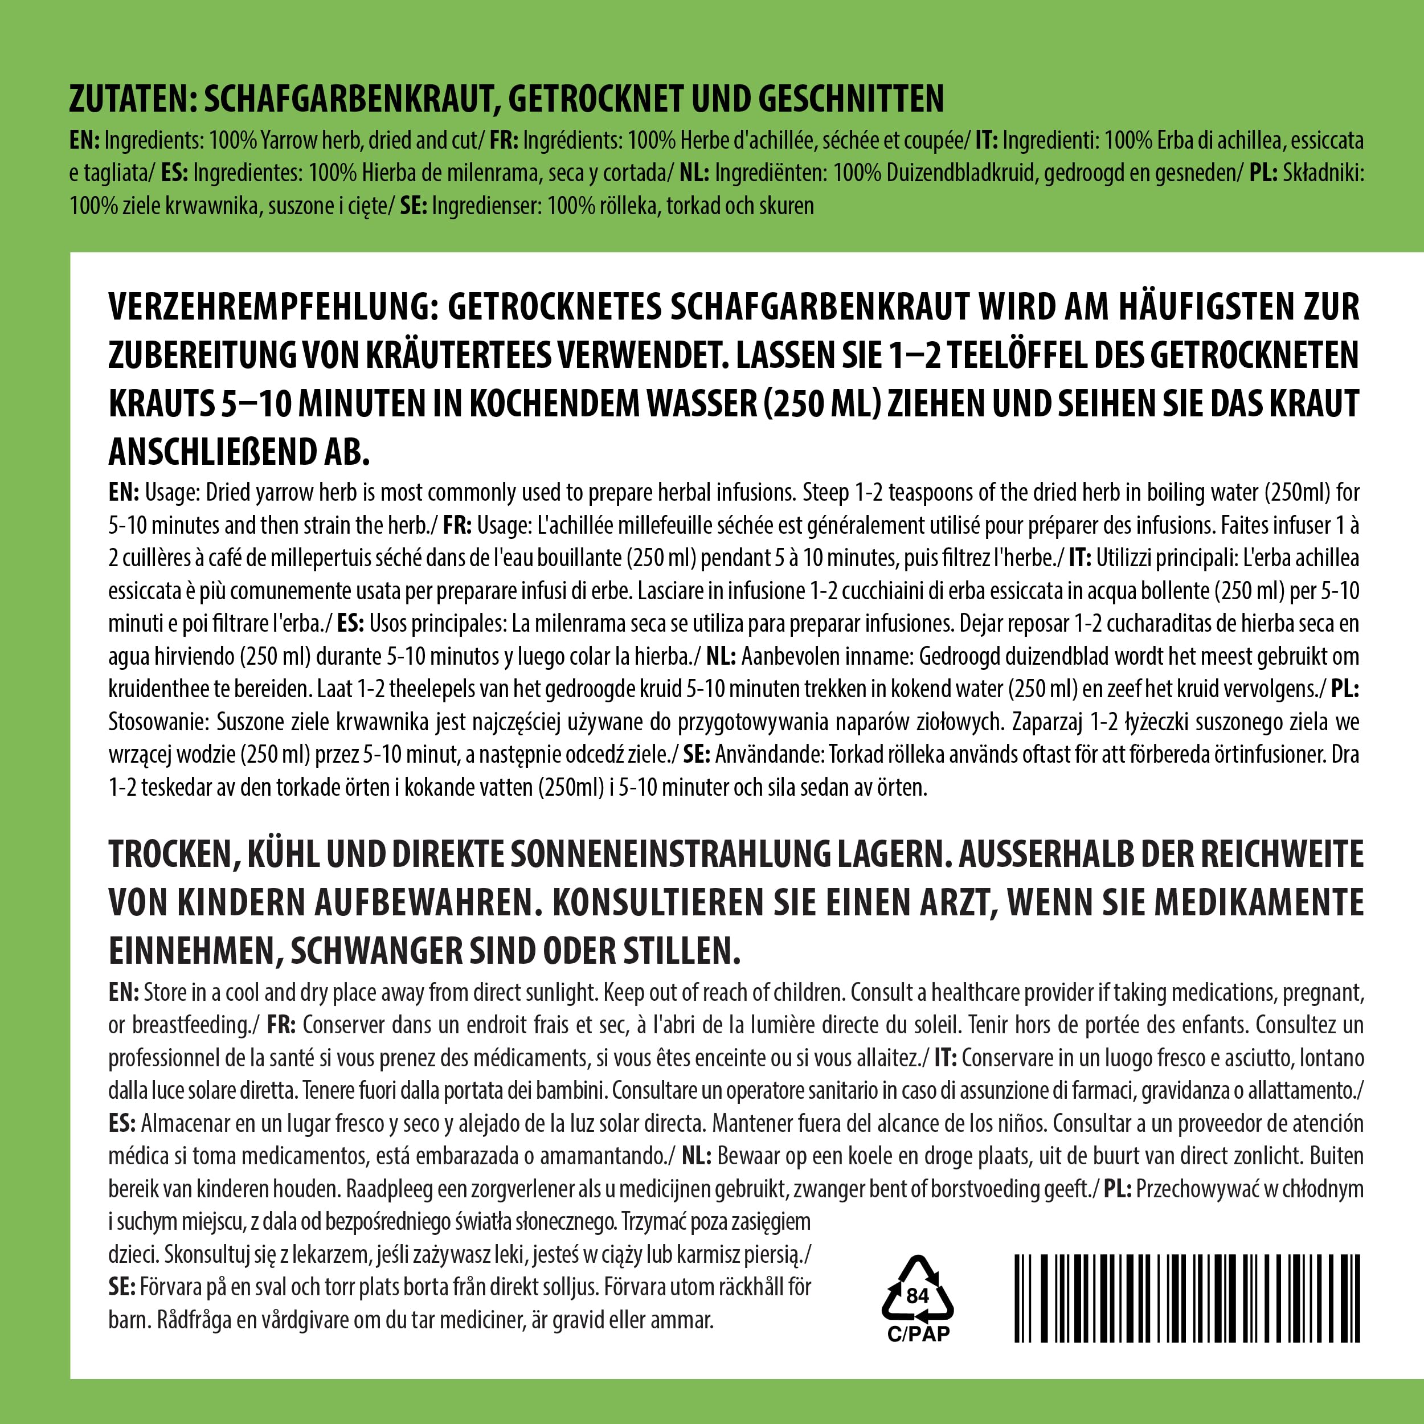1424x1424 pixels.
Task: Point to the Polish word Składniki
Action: [1323, 173]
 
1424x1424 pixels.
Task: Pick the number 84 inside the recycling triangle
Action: [918, 1295]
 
